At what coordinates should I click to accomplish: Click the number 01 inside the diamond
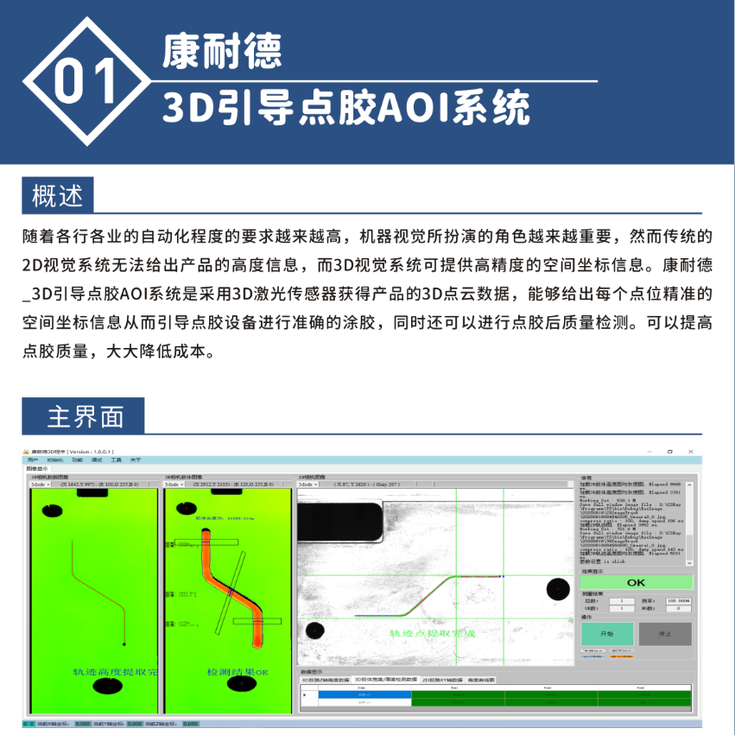(85, 82)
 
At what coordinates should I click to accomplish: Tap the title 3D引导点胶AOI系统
(345, 110)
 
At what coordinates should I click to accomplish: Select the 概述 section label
(58, 195)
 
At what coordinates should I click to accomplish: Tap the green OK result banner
(636, 582)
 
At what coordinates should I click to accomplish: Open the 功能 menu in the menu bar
(77, 459)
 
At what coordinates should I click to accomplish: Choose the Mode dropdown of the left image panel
(42, 485)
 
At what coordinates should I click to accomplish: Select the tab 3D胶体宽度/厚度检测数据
(386, 680)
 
